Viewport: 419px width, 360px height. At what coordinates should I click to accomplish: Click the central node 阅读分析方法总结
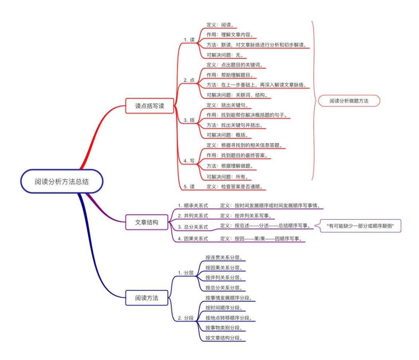[62, 181]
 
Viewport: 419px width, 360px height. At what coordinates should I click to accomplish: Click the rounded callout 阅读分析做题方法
[349, 101]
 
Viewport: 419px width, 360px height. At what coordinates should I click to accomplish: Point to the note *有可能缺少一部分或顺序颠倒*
[360, 226]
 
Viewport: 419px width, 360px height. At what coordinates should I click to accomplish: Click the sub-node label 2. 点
[189, 80]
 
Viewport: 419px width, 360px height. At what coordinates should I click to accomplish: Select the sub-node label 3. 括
[189, 120]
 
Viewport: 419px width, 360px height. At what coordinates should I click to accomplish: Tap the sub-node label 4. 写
[189, 161]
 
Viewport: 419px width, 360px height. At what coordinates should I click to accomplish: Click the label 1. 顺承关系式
[193, 206]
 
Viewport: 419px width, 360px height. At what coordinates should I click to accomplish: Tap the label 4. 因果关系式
[193, 239]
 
